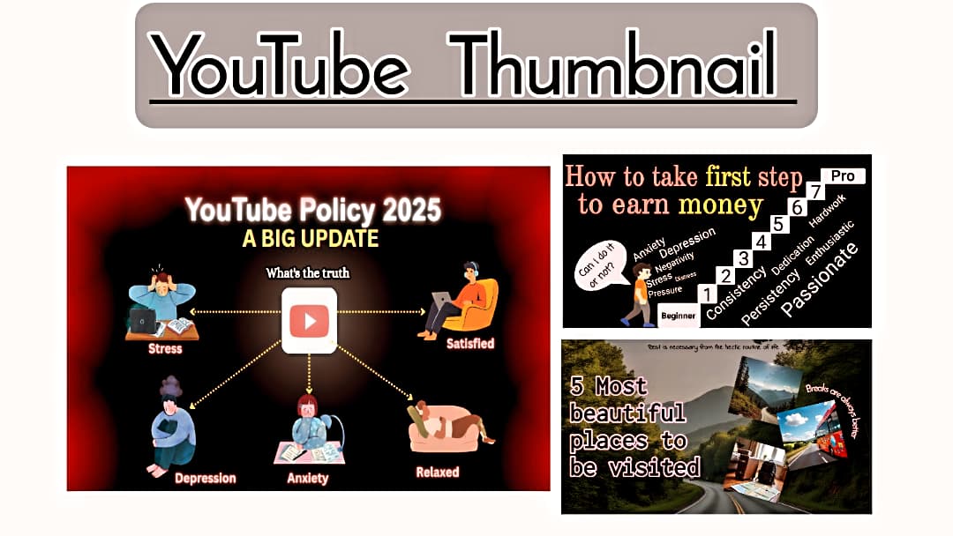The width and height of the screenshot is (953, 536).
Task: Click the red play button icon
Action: (x=309, y=321)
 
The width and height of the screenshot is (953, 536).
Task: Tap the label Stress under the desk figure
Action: (x=165, y=348)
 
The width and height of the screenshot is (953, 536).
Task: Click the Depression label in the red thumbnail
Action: (x=205, y=478)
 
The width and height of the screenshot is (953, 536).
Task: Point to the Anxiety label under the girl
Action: (x=308, y=478)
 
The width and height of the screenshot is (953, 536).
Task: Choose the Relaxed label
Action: (x=438, y=472)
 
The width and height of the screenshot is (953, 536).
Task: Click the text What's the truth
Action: (x=308, y=273)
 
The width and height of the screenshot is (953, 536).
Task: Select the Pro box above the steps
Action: (x=842, y=176)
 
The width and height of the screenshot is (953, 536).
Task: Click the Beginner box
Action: (x=679, y=315)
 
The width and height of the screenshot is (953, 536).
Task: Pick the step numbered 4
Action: (x=761, y=241)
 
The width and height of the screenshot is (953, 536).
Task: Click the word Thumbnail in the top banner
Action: (x=618, y=65)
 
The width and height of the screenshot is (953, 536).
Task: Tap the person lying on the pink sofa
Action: (x=446, y=428)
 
